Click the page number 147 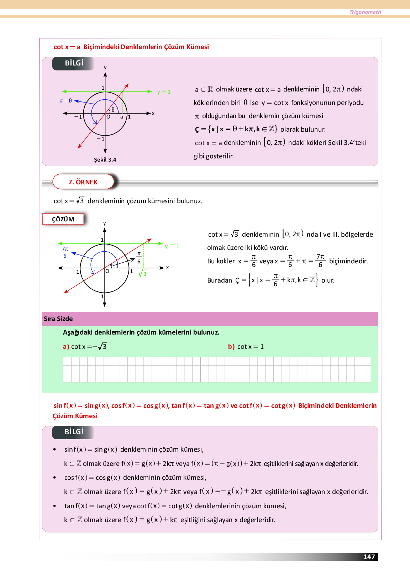tap(369, 557)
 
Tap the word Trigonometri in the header tap(365, 12)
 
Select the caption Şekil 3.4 tap(105, 160)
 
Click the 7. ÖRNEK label tap(83, 182)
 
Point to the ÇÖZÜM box tap(63, 219)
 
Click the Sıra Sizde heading tap(58, 319)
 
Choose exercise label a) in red tap(66, 347)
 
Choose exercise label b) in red tap(231, 347)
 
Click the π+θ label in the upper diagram tap(65, 101)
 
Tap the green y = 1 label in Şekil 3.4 tap(164, 92)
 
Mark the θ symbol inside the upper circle tap(113, 110)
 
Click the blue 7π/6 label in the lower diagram tap(65, 252)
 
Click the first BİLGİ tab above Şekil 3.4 tap(74, 63)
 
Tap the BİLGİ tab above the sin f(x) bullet tap(74, 432)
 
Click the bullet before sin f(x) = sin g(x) tap(54, 450)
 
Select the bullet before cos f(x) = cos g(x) tap(54, 478)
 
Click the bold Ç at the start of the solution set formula tap(197, 130)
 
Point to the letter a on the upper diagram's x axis tap(122, 117)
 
